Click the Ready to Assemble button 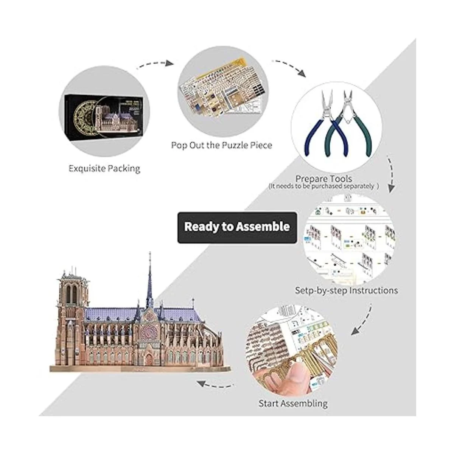pyautogui.click(x=237, y=227)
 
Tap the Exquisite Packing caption pyautogui.click(x=104, y=168)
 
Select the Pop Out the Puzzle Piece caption pyautogui.click(x=221, y=145)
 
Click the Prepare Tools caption pyautogui.click(x=323, y=178)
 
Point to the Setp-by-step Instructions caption pyautogui.click(x=346, y=291)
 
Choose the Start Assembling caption pyautogui.click(x=293, y=403)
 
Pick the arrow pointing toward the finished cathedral pyautogui.click(x=214, y=385)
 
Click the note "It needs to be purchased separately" pyautogui.click(x=323, y=186)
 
